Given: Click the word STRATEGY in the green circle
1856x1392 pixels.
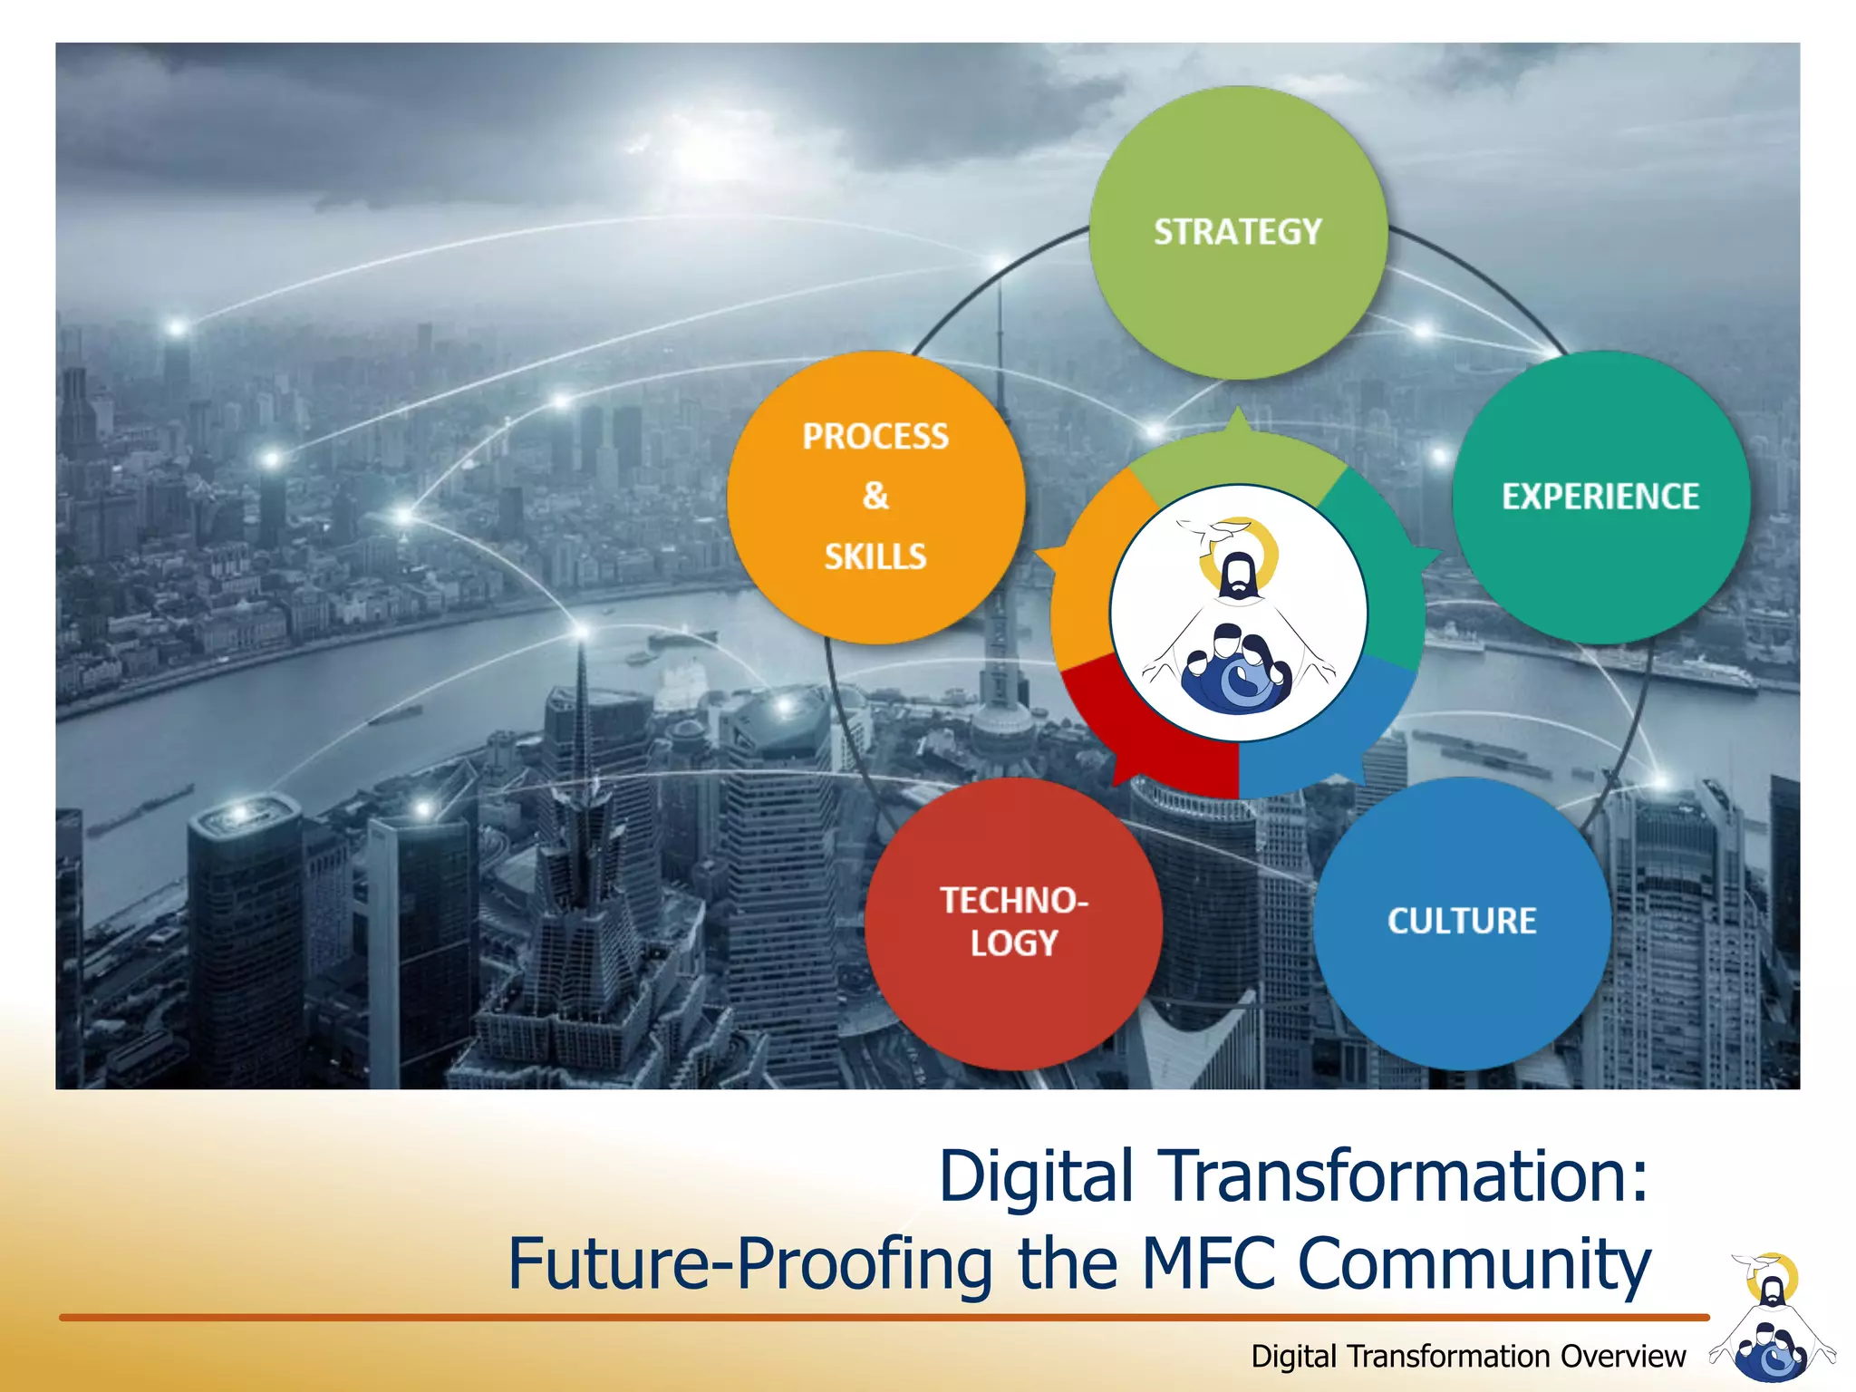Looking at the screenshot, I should [x=1237, y=232].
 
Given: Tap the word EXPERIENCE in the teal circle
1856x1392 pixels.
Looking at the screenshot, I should [x=1600, y=497].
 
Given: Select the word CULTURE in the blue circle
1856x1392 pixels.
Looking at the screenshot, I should [x=1462, y=921].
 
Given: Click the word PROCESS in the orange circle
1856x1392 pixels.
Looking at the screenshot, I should [x=875, y=437].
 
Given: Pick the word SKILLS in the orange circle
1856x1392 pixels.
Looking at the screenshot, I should [x=875, y=556].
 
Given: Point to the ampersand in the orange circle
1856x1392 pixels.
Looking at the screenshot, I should [x=875, y=496].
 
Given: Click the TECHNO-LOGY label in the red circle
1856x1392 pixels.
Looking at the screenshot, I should [x=1013, y=922].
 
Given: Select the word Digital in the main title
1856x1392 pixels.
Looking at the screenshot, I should [x=1036, y=1176].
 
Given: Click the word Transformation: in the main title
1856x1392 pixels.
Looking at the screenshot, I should [x=1406, y=1176].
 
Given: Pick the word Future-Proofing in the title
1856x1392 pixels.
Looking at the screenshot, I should [x=749, y=1264].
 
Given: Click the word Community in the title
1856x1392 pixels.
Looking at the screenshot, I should [x=1474, y=1264].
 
